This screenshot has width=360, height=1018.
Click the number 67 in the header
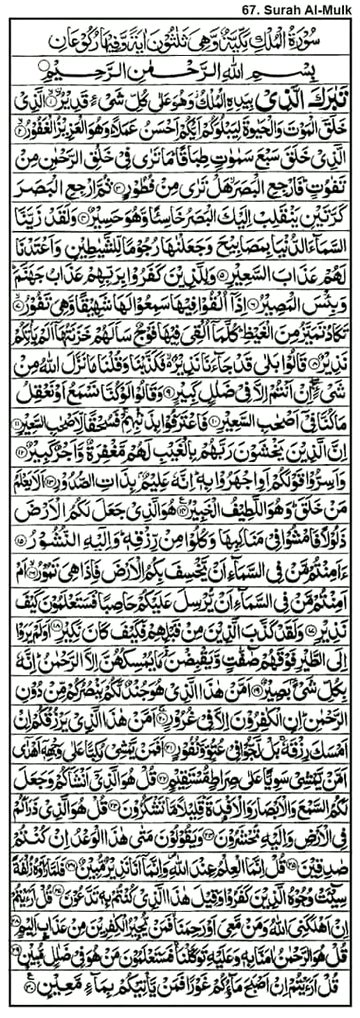[x=245, y=9]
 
